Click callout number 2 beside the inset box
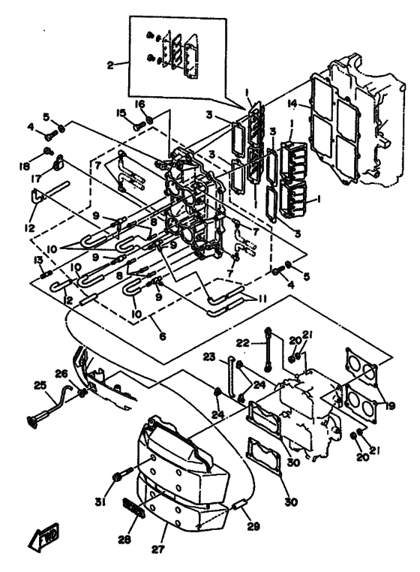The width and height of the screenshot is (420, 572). pyautogui.click(x=110, y=65)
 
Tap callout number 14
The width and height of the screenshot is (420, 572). pyautogui.click(x=292, y=104)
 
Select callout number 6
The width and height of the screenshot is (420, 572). pyautogui.click(x=163, y=336)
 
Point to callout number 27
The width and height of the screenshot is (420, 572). pyautogui.click(x=158, y=549)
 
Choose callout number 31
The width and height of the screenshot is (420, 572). pyautogui.click(x=100, y=503)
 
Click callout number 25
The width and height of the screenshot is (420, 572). pyautogui.click(x=40, y=385)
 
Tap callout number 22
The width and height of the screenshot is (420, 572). pyautogui.click(x=243, y=342)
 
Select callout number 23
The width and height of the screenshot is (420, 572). pyautogui.click(x=209, y=357)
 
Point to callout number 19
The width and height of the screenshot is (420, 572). pyautogui.click(x=390, y=405)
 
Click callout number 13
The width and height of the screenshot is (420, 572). pyautogui.click(x=38, y=260)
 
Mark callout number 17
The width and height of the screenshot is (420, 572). pyautogui.click(x=37, y=179)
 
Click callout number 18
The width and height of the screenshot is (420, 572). pyautogui.click(x=25, y=167)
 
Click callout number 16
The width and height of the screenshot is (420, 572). pyautogui.click(x=140, y=104)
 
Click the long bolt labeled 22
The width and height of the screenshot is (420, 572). pyautogui.click(x=268, y=350)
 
